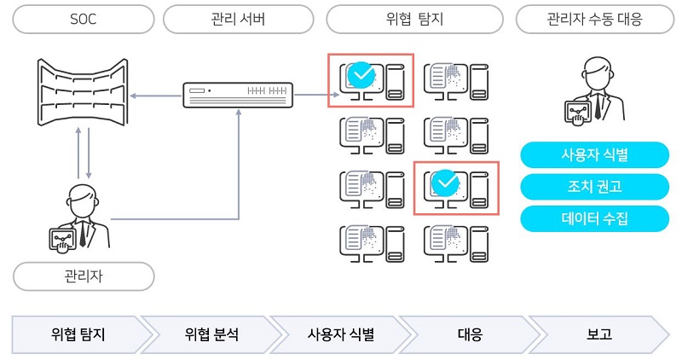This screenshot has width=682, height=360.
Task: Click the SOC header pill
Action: point(83,19)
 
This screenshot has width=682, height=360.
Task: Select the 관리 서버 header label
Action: point(239,19)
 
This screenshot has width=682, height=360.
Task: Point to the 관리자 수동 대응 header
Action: point(594,19)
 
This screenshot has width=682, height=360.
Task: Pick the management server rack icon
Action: point(239,93)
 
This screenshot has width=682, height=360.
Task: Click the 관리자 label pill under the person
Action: point(83,276)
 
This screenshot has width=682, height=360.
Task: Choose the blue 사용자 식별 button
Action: point(594,156)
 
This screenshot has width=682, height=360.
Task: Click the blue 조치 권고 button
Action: point(594,187)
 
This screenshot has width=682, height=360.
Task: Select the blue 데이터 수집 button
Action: point(594,218)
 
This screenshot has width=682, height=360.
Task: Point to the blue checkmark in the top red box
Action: point(363,76)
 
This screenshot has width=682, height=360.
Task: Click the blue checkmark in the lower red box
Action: point(445,183)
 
